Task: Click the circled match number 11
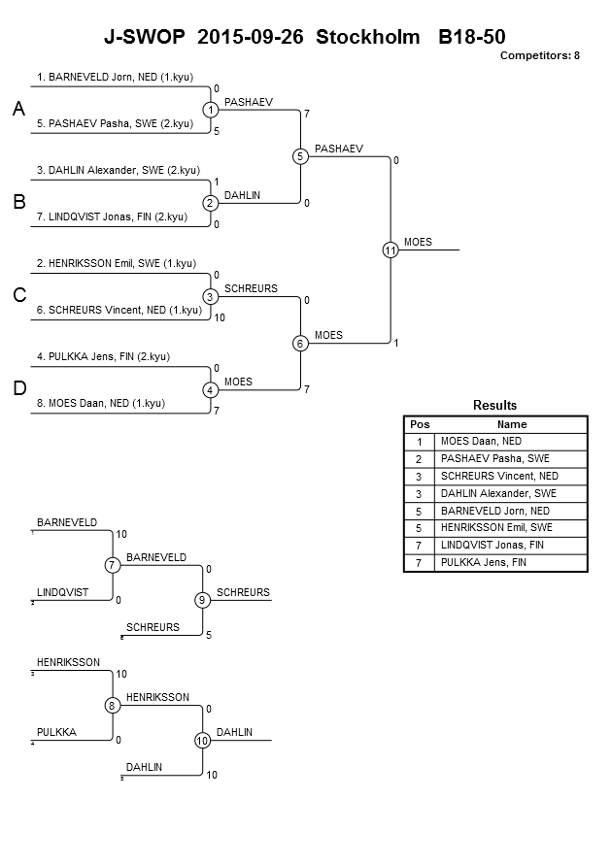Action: [391, 250]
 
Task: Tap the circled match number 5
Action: [300, 156]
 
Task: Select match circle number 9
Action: [202, 600]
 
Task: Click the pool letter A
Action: [18, 109]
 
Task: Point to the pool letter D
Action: [19, 388]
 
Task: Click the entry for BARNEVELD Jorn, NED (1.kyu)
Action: [116, 78]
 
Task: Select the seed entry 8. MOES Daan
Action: [101, 403]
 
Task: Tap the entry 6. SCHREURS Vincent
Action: [119, 310]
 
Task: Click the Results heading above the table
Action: [495, 405]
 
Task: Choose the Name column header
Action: [512, 424]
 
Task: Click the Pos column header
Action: [420, 424]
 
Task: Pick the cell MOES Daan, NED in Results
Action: [481, 442]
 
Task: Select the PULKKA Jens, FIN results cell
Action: [484, 563]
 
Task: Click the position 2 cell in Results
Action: [419, 459]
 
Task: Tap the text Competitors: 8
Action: [540, 55]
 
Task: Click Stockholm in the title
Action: [367, 37]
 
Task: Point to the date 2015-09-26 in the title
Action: [250, 37]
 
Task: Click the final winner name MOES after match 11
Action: [418, 242]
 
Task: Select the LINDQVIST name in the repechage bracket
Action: [62, 592]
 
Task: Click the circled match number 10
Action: [202, 741]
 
